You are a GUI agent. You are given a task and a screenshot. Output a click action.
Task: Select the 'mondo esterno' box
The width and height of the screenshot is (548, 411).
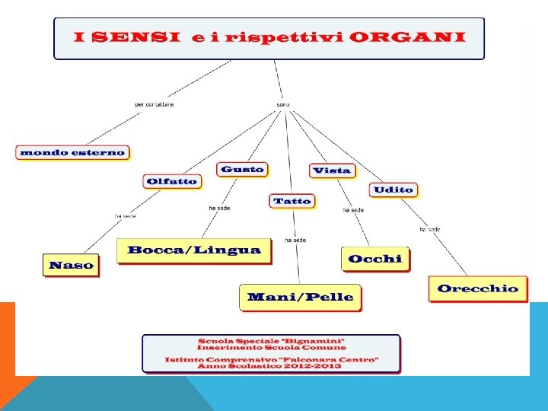(x=72, y=152)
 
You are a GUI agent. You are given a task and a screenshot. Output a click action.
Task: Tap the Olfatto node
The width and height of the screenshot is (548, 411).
(x=171, y=181)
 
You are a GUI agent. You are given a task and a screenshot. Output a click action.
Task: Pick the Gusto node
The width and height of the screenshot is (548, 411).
(x=242, y=170)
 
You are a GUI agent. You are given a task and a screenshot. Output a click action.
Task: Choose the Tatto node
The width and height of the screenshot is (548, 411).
(x=292, y=201)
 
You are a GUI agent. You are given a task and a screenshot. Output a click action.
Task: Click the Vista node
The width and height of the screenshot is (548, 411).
(x=332, y=170)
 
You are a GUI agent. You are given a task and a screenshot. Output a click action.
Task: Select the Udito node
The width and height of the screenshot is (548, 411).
(x=393, y=190)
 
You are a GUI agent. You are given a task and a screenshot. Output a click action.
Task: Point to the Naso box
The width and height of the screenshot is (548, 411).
(x=71, y=266)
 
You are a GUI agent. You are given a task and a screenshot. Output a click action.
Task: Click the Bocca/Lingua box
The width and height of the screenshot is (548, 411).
(x=194, y=250)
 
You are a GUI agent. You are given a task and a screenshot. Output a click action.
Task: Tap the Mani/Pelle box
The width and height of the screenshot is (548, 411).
(x=301, y=297)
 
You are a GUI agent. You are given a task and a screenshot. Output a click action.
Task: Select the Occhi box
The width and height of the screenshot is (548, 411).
(x=374, y=260)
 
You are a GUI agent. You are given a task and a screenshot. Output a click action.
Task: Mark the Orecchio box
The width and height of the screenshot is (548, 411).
(x=478, y=288)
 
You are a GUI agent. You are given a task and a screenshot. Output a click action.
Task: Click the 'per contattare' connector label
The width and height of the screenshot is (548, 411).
(x=155, y=104)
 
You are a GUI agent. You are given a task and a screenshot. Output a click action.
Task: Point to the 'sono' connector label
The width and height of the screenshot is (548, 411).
(x=283, y=104)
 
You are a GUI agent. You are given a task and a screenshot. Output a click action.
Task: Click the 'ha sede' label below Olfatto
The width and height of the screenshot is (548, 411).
(x=125, y=216)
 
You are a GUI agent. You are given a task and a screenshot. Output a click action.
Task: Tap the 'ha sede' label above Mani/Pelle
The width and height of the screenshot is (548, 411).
(x=295, y=240)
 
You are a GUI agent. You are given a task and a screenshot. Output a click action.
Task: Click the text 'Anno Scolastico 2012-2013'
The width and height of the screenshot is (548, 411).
(x=271, y=366)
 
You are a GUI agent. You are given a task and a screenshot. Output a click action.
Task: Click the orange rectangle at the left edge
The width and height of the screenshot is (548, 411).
(x=8, y=339)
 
